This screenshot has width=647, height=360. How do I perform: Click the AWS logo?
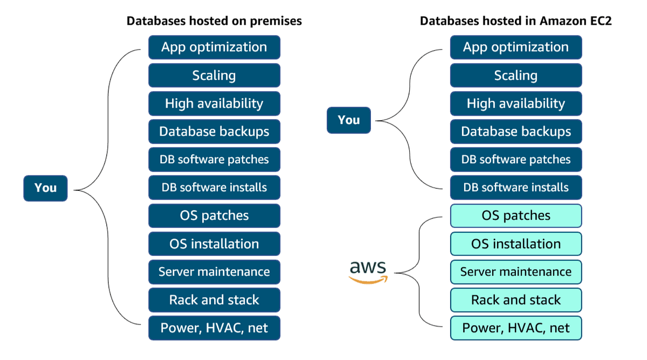click(368, 272)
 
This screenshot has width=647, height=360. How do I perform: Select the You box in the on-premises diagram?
click(45, 188)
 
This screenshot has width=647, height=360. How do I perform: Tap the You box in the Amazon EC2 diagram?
click(349, 120)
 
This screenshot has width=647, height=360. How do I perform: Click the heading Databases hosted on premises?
click(214, 21)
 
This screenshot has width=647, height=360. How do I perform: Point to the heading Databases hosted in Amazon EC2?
click(515, 21)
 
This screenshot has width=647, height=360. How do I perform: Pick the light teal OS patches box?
click(516, 216)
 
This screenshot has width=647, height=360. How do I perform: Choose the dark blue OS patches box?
click(214, 216)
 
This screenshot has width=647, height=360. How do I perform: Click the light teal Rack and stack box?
click(516, 300)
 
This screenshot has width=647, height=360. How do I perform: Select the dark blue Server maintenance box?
click(214, 272)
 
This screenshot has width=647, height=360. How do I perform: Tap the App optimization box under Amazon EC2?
click(516, 47)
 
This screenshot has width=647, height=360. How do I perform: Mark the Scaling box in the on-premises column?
click(214, 75)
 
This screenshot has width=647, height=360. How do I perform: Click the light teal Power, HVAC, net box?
click(516, 328)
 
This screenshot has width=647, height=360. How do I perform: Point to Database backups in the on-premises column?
click(214, 131)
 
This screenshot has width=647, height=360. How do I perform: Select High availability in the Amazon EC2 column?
click(516, 103)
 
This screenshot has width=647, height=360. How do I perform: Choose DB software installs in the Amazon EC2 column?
click(516, 188)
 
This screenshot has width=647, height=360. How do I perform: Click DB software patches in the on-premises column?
click(214, 160)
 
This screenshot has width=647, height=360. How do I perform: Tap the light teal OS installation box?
click(516, 244)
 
